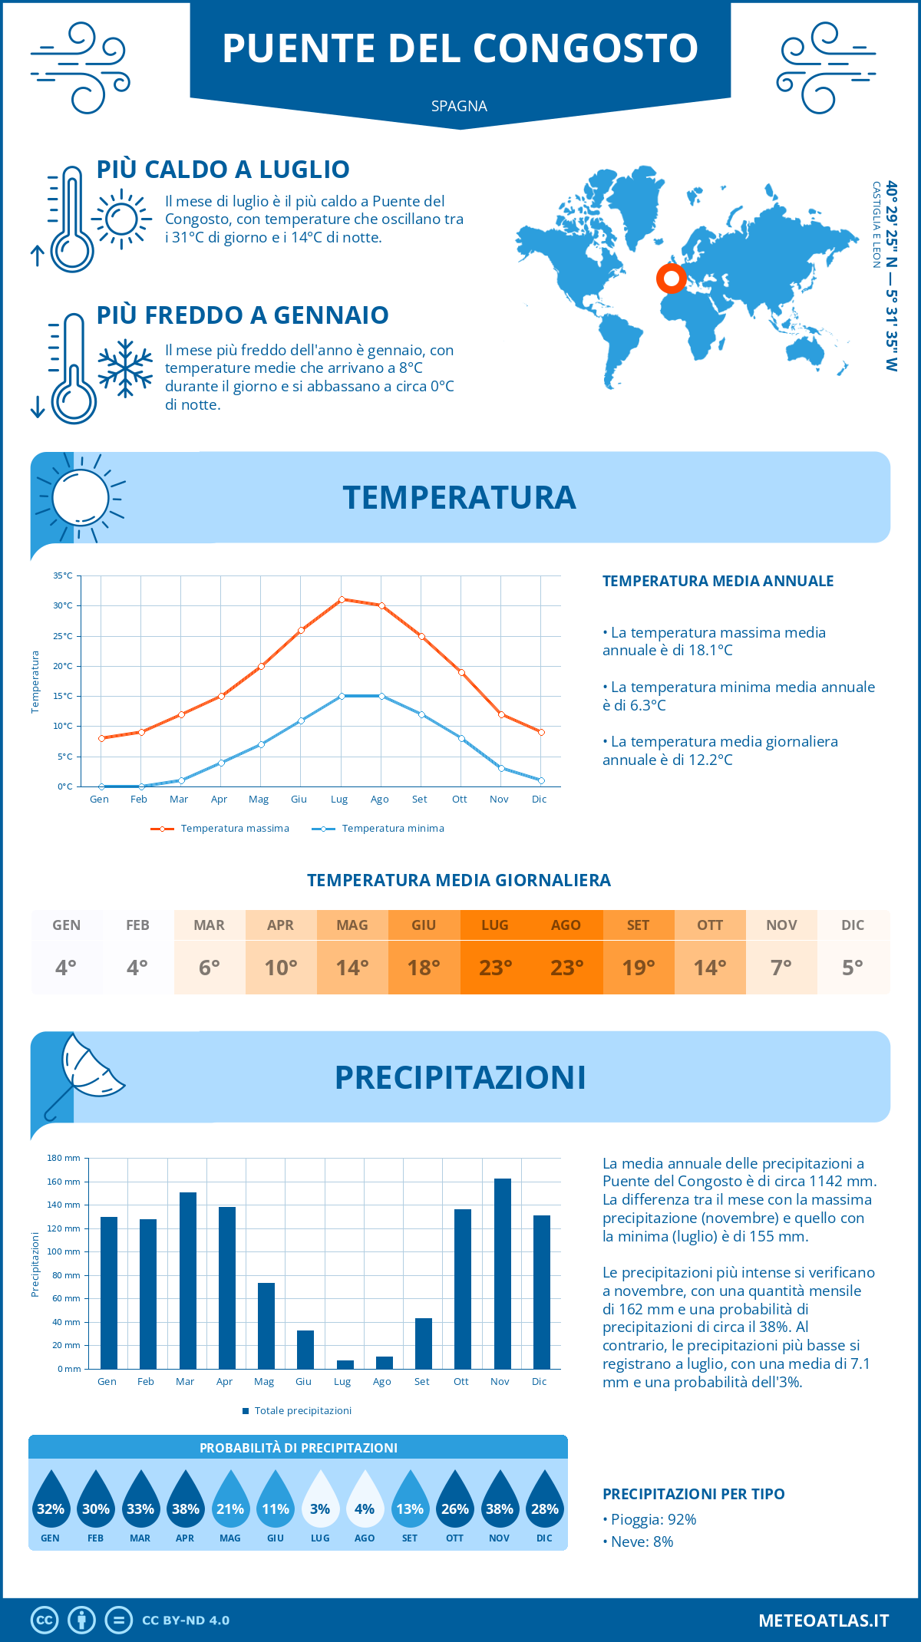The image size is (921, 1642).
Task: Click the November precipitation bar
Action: click(x=502, y=1274)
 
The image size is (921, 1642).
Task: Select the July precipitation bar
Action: click(x=345, y=1364)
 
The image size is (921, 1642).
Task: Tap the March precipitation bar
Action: click(x=187, y=1281)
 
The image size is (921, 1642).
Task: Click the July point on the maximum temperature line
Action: click(x=342, y=599)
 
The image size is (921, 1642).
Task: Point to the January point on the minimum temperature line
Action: click(x=101, y=786)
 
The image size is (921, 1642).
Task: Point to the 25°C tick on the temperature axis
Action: click(x=63, y=636)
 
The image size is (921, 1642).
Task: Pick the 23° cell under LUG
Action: click(x=495, y=968)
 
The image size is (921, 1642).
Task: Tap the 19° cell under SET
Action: click(x=638, y=968)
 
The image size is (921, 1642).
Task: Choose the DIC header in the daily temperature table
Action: click(x=853, y=925)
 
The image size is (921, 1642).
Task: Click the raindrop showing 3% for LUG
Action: click(x=320, y=1499)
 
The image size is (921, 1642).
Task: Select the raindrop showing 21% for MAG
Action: click(x=230, y=1499)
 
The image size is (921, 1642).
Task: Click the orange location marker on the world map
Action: click(x=672, y=279)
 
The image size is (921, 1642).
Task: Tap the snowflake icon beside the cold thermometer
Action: click(x=125, y=368)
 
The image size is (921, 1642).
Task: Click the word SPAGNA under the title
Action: click(x=459, y=106)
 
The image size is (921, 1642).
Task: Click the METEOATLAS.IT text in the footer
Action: click(x=823, y=1621)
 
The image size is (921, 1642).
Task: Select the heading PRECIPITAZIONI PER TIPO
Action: click(x=693, y=1494)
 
